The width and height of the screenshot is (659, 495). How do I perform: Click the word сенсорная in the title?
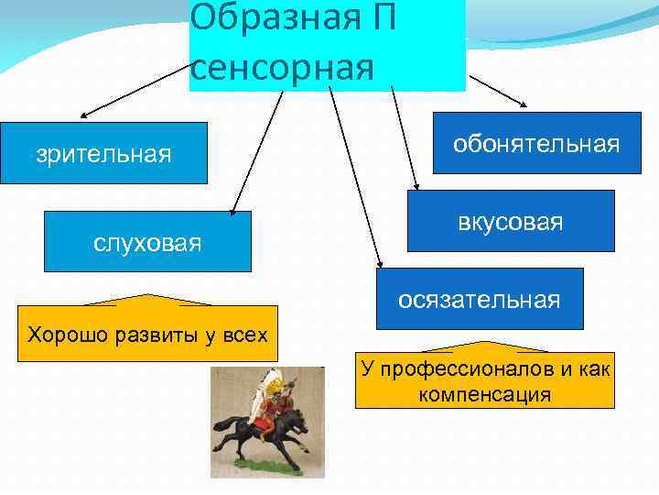coord(284,68)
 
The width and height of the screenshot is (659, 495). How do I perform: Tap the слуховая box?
coord(147,242)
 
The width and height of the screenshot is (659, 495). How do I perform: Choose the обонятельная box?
coord(536,144)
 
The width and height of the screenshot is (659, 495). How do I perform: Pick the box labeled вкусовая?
coord(511,221)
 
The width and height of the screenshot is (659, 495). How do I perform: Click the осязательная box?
coord(479,299)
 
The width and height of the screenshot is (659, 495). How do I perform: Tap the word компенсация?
coord(484,395)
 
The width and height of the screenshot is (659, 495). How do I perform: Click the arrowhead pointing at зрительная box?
coord(83,117)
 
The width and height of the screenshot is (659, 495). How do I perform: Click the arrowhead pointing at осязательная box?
coord(377,265)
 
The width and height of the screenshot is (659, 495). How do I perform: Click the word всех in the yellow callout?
coord(246,334)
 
